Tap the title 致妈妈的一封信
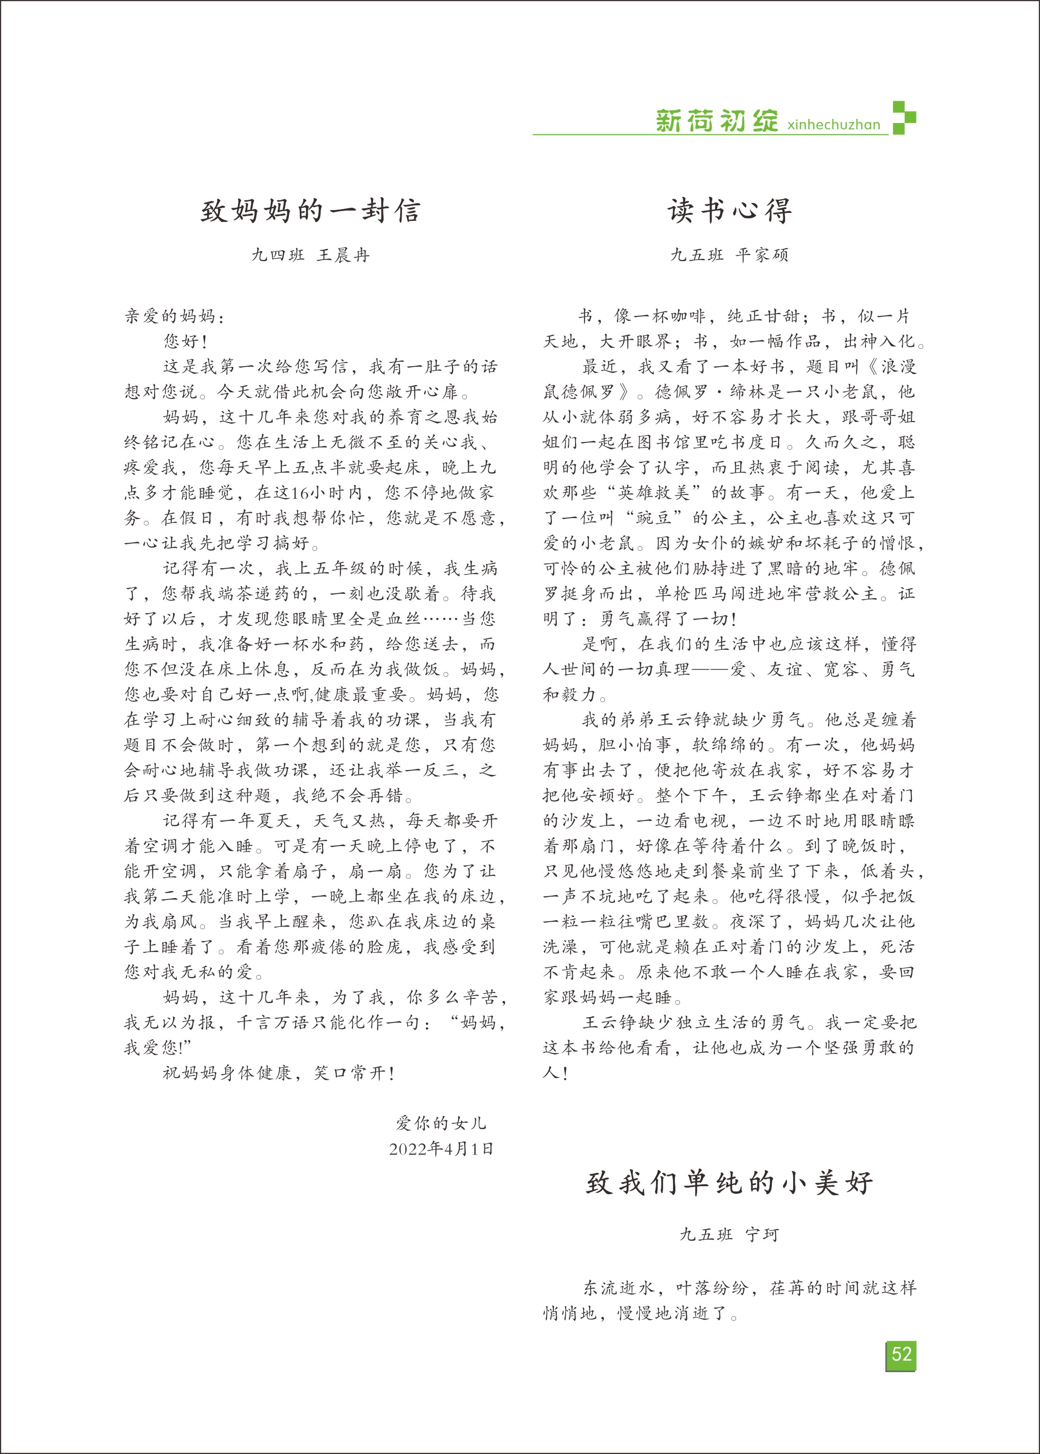(x=311, y=211)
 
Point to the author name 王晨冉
(x=343, y=256)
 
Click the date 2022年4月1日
(x=441, y=1149)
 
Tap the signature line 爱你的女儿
(x=441, y=1123)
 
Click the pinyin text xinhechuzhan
(x=833, y=124)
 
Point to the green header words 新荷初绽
(x=716, y=121)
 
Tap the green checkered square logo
(x=904, y=118)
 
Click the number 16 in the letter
(x=300, y=493)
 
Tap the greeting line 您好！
(x=185, y=342)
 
